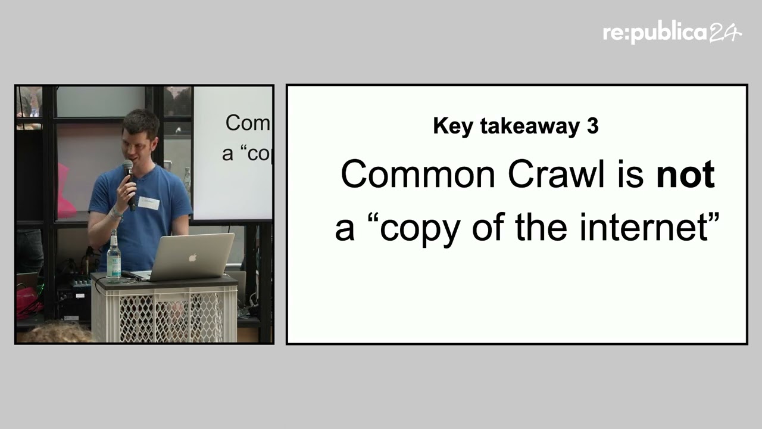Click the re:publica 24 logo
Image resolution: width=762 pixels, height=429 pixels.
(672, 33)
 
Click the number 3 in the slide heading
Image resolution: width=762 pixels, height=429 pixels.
(592, 126)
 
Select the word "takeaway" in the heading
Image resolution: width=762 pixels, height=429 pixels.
(530, 126)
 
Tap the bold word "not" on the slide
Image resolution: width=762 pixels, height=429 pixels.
(685, 175)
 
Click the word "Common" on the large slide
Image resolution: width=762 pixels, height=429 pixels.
(418, 174)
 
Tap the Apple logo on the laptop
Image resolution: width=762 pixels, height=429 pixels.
(192, 258)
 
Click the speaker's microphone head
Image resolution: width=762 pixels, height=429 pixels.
(127, 167)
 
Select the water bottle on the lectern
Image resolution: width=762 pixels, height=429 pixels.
(114, 256)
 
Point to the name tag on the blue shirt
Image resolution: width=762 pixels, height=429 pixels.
(149, 203)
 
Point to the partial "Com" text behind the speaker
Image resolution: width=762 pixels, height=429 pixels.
(247, 123)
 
